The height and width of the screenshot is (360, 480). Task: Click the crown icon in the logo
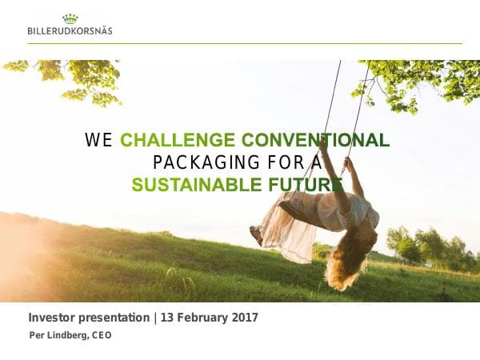(x=70, y=18)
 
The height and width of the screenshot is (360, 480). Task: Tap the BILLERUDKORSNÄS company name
(x=70, y=30)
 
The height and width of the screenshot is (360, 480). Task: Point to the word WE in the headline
(x=99, y=141)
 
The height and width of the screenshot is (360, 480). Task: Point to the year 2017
(x=244, y=318)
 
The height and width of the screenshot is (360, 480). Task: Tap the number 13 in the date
(x=167, y=318)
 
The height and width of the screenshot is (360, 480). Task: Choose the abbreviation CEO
(x=102, y=335)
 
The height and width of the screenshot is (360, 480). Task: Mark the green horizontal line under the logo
(x=240, y=43)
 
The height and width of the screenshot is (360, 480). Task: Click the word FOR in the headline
(x=282, y=163)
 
